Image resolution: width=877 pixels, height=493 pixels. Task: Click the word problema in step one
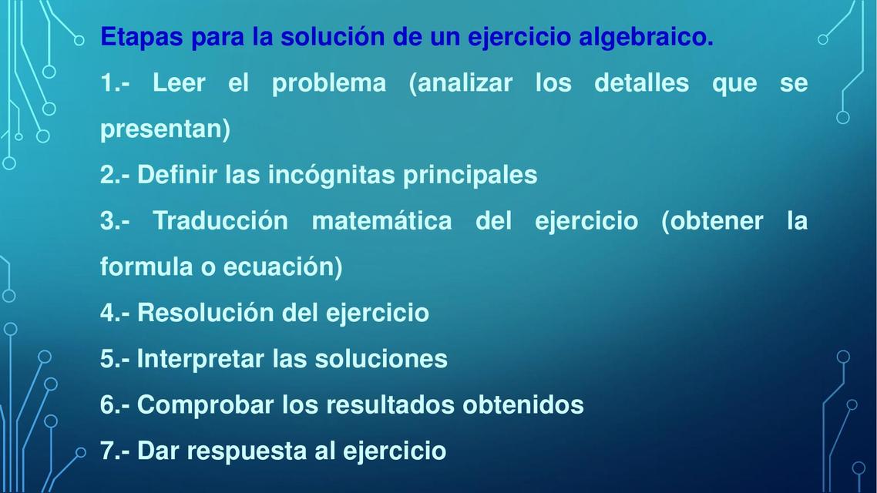click(329, 82)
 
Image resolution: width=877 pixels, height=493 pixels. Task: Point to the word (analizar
click(460, 82)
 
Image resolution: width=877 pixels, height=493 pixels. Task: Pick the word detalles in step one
click(641, 82)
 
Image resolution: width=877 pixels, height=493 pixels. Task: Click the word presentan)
click(165, 129)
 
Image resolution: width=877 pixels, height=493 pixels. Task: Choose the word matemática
click(381, 221)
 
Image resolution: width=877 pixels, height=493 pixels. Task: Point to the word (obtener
click(712, 221)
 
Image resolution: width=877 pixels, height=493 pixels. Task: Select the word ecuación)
click(282, 267)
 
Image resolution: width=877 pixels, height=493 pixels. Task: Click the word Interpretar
click(200, 359)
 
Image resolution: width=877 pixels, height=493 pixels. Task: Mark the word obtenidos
click(523, 404)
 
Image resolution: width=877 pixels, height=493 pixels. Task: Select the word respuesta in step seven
click(247, 451)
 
